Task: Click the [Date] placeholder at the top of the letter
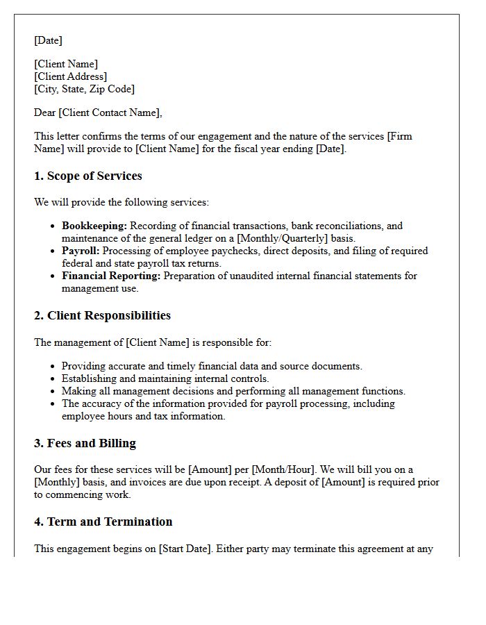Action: point(48,40)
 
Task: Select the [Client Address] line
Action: point(70,76)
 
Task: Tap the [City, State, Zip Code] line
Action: point(84,89)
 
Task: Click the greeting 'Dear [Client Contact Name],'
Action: point(98,112)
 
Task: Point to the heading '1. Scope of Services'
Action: point(87,176)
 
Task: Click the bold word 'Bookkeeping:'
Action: point(94,226)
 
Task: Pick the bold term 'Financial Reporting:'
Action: point(111,276)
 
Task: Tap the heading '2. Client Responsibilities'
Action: point(102,315)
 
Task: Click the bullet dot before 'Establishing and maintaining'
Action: point(53,379)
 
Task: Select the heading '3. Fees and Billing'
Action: point(85,444)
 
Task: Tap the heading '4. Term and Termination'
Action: point(103,522)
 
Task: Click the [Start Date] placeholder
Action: point(185,549)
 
